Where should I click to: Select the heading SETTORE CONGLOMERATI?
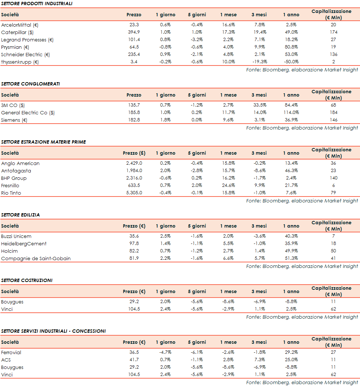tap(30, 84)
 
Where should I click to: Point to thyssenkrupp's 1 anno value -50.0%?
tap(291, 62)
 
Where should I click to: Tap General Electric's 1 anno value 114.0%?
tap(291, 113)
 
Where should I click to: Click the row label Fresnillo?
tap(10, 185)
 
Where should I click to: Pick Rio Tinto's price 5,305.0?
tap(134, 193)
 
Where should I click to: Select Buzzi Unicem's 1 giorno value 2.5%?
tap(165, 236)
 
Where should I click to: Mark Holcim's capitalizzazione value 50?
tap(333, 251)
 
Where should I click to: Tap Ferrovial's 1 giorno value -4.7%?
tap(165, 352)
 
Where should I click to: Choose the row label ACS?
tap(6, 360)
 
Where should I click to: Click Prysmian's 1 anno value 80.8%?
tap(291, 47)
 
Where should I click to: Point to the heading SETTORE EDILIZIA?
tap(20, 215)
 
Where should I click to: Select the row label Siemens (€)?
tap(14, 120)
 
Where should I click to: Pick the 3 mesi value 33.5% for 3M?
tap(259, 105)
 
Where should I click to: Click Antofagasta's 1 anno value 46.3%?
tap(291, 171)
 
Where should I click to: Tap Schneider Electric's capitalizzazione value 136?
tap(333, 54)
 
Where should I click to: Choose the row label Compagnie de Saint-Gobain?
tap(36, 258)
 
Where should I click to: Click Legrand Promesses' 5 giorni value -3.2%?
tap(197, 40)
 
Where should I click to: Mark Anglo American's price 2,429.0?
tap(134, 163)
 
